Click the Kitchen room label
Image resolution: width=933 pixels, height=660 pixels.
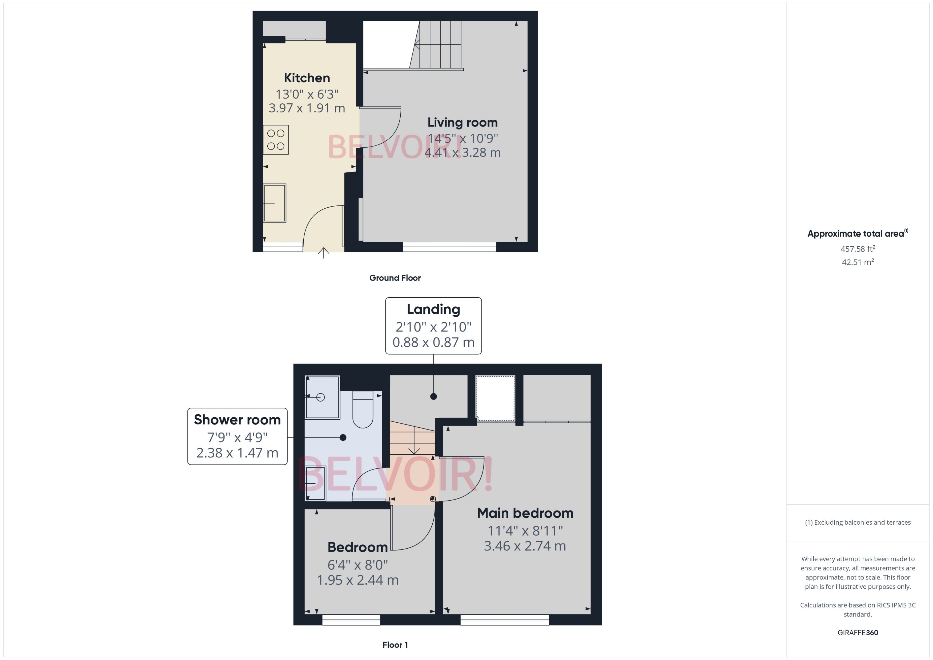(307, 78)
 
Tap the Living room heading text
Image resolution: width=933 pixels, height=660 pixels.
(462, 122)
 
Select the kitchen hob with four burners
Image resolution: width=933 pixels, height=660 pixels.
(276, 139)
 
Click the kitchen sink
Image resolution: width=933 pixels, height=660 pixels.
(275, 203)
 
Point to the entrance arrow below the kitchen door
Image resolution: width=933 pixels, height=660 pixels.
(323, 253)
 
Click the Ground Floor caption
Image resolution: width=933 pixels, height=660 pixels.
(395, 278)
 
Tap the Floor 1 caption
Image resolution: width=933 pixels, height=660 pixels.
(395, 645)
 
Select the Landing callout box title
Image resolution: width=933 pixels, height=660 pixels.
(433, 309)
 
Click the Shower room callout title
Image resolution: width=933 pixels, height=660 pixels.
(237, 419)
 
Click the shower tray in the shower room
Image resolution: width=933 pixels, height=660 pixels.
(322, 397)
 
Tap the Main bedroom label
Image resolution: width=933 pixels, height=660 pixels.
(525, 513)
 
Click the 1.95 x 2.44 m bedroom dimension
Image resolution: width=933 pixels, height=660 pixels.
(357, 580)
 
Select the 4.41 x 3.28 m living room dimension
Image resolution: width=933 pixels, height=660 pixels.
(462, 153)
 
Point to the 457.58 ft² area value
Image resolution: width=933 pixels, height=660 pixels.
(857, 249)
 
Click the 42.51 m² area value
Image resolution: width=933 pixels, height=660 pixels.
(857, 262)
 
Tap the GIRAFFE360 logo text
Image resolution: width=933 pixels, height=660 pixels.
(857, 632)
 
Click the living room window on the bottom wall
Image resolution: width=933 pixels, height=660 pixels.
(449, 247)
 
